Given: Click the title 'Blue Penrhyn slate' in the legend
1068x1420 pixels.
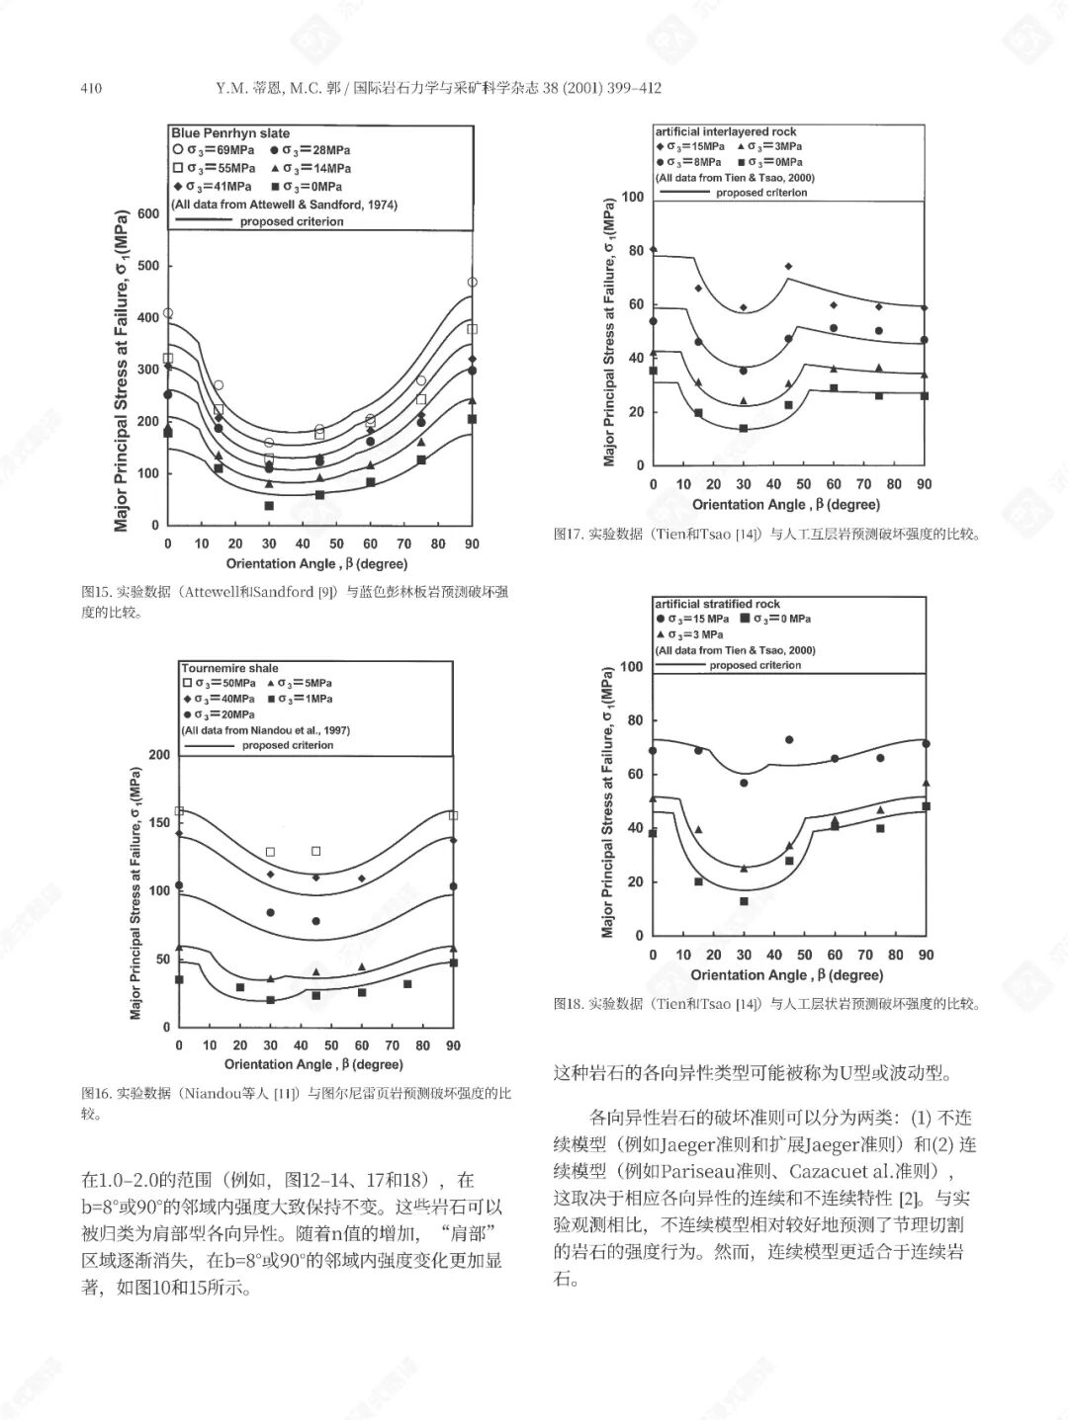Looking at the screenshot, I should pyautogui.click(x=230, y=133).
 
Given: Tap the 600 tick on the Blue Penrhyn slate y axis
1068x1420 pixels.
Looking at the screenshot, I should pyautogui.click(x=147, y=213).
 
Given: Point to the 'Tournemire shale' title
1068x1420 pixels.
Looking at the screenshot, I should pyautogui.click(x=229, y=669).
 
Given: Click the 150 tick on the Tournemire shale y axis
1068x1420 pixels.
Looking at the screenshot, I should pyautogui.click(x=158, y=822).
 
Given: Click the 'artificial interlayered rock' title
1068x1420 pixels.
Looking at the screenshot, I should pyautogui.click(x=725, y=131).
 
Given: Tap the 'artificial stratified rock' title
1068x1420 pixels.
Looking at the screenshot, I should pyautogui.click(x=717, y=604).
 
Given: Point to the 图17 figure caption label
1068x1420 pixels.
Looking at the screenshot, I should pyautogui.click(x=568, y=535).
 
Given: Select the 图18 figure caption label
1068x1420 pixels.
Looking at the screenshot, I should pyautogui.click(x=568, y=1004).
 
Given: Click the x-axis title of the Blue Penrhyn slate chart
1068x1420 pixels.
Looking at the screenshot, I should pyautogui.click(x=316, y=564).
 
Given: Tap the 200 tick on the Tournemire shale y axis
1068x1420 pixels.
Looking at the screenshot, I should pyautogui.click(x=158, y=755).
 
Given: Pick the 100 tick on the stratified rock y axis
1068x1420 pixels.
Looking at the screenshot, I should pyautogui.click(x=632, y=667).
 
